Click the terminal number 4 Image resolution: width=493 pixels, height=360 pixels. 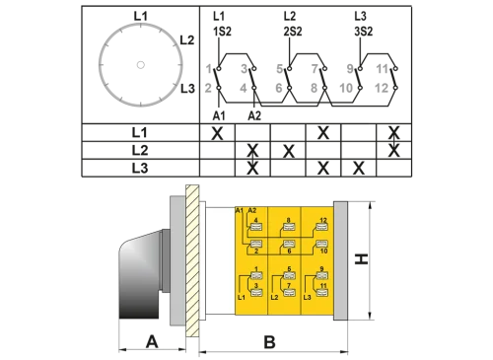[x=256, y=221]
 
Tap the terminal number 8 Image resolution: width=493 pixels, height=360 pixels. [x=288, y=221]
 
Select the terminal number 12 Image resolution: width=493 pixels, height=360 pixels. [x=323, y=221]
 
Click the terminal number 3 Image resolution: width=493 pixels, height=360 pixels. [x=255, y=285]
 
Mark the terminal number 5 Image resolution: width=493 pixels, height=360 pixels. [x=288, y=268]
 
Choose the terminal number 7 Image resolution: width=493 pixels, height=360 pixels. [x=288, y=285]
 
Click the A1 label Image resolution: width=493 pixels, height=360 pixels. [x=240, y=210]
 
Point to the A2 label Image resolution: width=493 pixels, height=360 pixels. [x=251, y=210]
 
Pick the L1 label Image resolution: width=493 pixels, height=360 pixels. [x=241, y=296]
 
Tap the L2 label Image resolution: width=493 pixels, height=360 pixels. [x=274, y=296]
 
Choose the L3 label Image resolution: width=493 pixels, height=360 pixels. [x=308, y=296]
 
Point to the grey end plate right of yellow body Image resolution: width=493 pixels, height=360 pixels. [x=341, y=261]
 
